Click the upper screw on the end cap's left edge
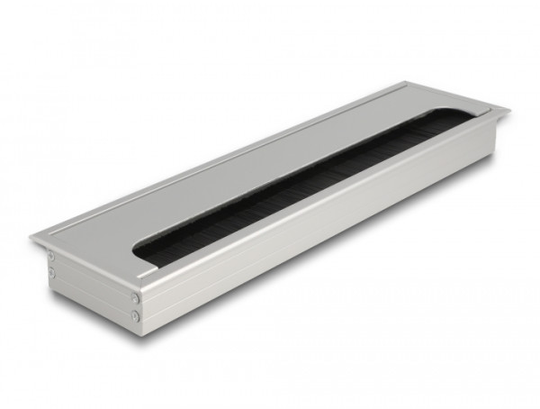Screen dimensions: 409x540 click(x=50, y=257)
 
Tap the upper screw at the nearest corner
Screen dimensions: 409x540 click(x=135, y=297)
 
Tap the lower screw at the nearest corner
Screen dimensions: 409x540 click(x=135, y=314)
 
